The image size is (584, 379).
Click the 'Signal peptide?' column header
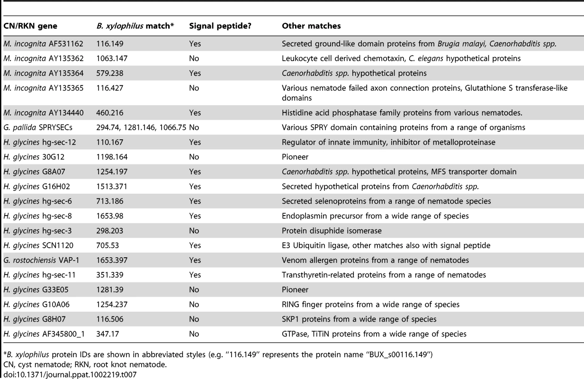coord(220,26)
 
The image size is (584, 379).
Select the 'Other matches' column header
coord(311,26)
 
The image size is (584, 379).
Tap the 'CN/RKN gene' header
coord(30,26)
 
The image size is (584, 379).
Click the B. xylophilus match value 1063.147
coord(112,58)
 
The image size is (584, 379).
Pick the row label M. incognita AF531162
coord(43,44)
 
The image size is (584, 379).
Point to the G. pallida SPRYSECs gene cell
coord(38,127)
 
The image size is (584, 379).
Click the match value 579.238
coord(110,73)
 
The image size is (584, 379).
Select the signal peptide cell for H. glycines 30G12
coord(194,157)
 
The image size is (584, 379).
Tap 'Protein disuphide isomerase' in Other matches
coord(332,231)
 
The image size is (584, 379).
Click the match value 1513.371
coord(112,187)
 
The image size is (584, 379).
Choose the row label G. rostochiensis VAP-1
coord(41,260)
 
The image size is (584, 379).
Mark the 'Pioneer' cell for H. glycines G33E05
coord(295,290)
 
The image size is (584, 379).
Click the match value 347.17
coord(108,334)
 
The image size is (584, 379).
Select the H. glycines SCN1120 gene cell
coord(38,245)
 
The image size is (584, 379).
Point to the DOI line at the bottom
coord(70,375)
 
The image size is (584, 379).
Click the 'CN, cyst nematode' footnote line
coord(85,364)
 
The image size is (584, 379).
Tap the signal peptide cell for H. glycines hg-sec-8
coord(195,216)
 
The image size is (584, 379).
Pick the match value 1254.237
coord(112,305)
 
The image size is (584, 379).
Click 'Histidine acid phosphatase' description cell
coord(402,113)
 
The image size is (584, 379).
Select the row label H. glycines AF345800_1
coord(44,334)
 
